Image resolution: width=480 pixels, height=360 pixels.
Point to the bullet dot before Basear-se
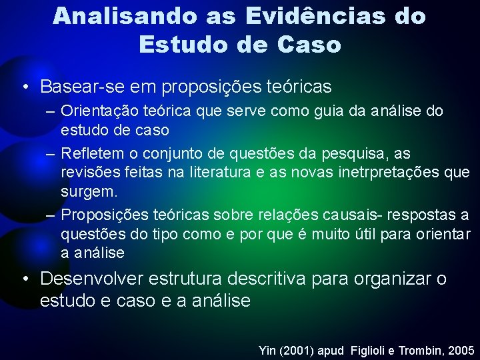click(25, 87)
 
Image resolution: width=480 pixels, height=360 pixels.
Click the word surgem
click(89, 191)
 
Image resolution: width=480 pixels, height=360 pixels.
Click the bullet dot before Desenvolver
click(25, 279)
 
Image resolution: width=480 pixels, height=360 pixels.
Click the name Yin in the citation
click(267, 349)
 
